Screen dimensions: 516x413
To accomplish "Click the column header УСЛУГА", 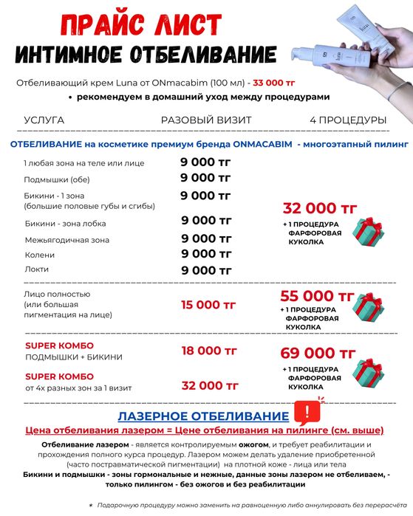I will [44, 120].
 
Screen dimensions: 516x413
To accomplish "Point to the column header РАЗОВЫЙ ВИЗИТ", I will [206, 120].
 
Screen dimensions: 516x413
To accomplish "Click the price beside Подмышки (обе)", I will [206, 177].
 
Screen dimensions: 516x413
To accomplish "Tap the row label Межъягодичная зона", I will [67, 239].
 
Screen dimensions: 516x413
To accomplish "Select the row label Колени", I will [39, 255].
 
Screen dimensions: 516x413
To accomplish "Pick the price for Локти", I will [206, 270].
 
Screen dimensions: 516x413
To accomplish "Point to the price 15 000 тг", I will [209, 304].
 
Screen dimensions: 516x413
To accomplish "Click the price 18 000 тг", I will [209, 351].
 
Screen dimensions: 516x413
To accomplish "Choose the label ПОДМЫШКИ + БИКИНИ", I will [74, 357].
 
